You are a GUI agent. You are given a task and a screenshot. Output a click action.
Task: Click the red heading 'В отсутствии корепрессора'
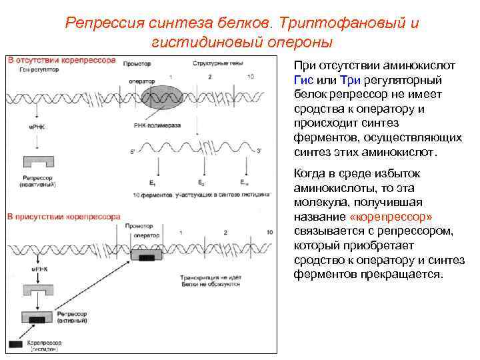62,60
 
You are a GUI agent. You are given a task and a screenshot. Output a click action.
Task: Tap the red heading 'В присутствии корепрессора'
64,217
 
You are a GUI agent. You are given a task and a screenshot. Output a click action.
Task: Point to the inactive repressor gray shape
40,163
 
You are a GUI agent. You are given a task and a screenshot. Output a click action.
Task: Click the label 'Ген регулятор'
35,69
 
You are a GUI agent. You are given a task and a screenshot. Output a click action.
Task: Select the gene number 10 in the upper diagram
250,77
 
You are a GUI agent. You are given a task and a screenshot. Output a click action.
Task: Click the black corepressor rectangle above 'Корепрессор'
15,344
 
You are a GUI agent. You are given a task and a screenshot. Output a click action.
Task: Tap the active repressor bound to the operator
147,255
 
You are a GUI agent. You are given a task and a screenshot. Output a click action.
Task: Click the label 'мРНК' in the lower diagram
36,269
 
